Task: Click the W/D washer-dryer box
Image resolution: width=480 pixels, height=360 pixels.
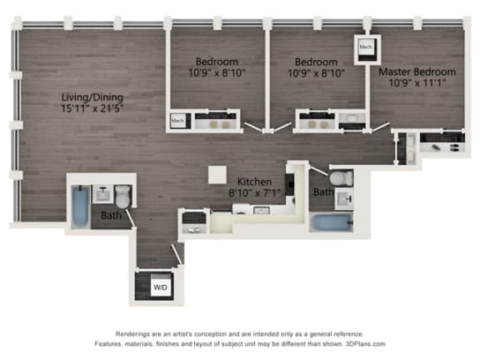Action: [159, 287]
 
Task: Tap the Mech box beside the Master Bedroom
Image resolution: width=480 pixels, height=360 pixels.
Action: [366, 48]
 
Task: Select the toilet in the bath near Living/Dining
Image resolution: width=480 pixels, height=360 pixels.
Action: [122, 197]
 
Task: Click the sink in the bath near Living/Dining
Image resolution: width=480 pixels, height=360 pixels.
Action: [102, 193]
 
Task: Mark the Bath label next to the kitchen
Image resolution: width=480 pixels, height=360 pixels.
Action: [322, 193]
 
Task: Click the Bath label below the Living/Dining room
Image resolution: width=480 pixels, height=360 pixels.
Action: [111, 216]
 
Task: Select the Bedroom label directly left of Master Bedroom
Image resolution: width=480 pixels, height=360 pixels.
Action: [317, 62]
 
